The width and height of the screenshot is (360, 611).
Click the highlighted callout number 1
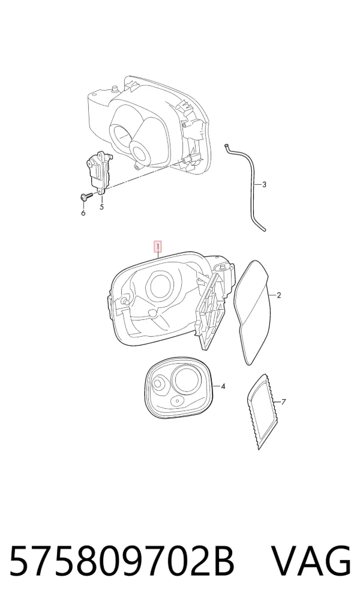click(x=158, y=247)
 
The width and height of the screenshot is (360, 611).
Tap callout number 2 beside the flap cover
click(x=278, y=295)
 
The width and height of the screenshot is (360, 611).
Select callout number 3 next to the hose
click(x=264, y=185)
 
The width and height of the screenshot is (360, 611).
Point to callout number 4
click(x=223, y=387)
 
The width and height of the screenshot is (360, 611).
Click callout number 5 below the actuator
click(x=101, y=207)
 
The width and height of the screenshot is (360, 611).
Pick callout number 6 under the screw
click(x=83, y=213)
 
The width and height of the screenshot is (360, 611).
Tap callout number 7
click(x=283, y=402)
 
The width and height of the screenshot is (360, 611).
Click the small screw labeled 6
click(x=85, y=197)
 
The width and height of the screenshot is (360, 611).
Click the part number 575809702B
click(x=122, y=561)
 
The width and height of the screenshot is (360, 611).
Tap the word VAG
click(x=311, y=561)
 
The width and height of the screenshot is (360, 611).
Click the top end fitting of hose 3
click(x=226, y=146)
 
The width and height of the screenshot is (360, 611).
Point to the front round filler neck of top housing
click(x=139, y=152)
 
